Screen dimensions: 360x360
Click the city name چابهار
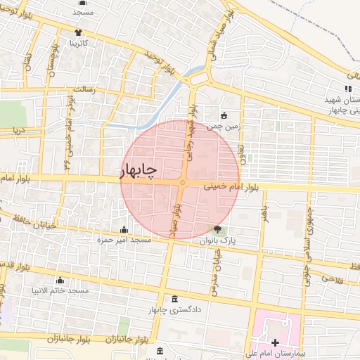(x=139, y=170)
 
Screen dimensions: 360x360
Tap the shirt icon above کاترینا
(x=77, y=32)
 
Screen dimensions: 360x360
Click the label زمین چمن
(x=224, y=127)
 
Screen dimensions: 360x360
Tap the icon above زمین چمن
(x=224, y=116)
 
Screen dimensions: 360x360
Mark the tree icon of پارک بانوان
(x=217, y=229)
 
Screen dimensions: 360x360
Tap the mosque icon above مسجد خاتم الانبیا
(x=60, y=280)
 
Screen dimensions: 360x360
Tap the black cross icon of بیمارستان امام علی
(x=274, y=342)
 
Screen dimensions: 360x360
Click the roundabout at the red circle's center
(x=182, y=184)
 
